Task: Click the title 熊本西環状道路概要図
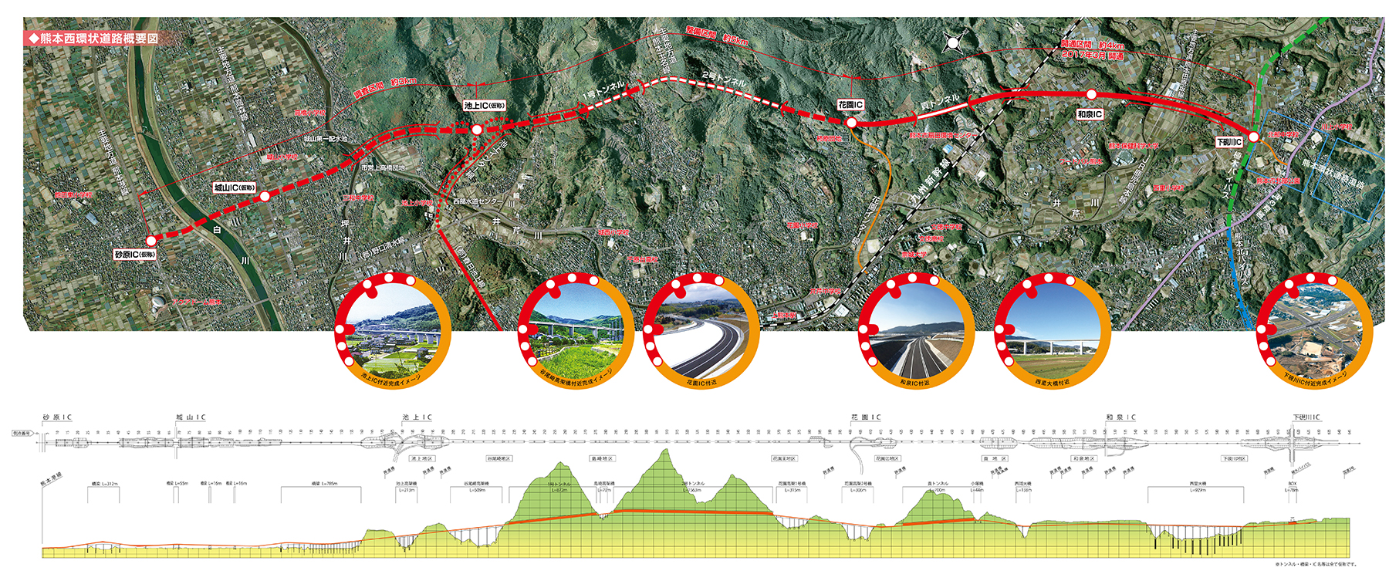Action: coord(93,38)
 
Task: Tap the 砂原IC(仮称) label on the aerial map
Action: coord(135,255)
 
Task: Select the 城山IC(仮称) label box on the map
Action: coord(235,187)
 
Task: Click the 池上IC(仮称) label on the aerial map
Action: coord(485,106)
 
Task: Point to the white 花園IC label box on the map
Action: coord(850,105)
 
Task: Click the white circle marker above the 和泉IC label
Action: coord(1091,94)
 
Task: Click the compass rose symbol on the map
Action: coord(952,43)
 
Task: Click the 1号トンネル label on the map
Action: coord(603,90)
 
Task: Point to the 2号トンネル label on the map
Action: coord(724,79)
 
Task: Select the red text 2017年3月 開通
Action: coord(1092,56)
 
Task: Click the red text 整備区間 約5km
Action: coord(717,35)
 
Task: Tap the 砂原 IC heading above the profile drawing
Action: coord(57,417)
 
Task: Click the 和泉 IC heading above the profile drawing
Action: coord(1120,417)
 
